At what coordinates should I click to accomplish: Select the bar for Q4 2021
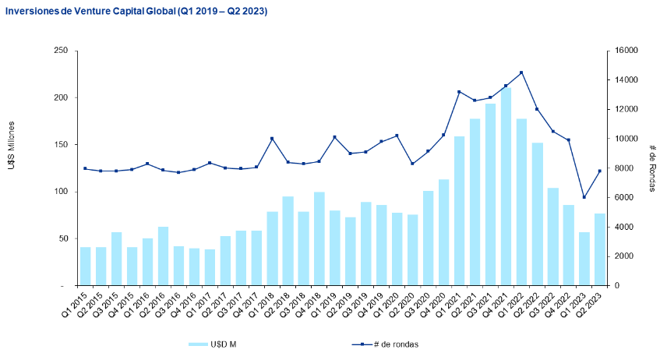coord(506,187)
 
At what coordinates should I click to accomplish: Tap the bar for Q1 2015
coord(86,266)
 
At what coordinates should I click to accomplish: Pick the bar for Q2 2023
coord(600,249)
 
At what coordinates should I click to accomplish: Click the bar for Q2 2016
coord(164,256)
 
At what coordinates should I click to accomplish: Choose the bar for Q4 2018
coord(319,238)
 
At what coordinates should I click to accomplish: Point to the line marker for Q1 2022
coord(521,72)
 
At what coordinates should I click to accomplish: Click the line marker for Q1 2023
coord(584,197)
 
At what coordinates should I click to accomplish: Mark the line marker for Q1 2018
coord(272,139)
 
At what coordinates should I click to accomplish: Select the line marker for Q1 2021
coord(459,92)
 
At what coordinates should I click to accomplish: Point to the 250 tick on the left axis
coord(60,51)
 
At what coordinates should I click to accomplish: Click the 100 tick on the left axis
coord(60,192)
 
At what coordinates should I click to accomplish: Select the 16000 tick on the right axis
coord(626,51)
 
